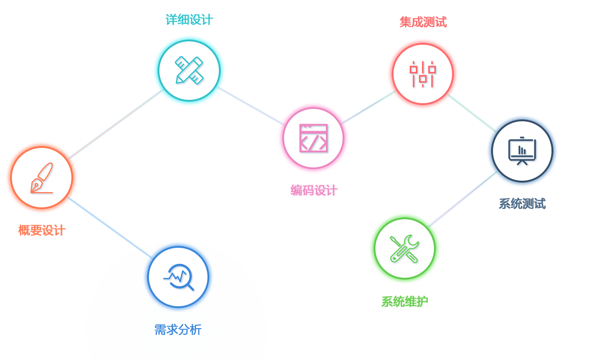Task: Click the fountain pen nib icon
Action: tap(41, 178)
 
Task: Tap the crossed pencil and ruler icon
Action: tap(189, 70)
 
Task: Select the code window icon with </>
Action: tap(313, 138)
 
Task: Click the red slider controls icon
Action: tap(423, 74)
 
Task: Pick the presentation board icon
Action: tap(522, 151)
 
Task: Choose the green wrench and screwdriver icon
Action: tap(404, 248)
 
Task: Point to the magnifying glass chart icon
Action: tap(178, 277)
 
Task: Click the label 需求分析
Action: tap(178, 330)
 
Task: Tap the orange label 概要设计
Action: tap(42, 230)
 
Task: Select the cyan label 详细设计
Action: tap(189, 19)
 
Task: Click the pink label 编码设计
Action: tap(315, 190)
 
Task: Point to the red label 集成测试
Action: tap(423, 22)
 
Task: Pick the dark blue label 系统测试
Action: tap(522, 204)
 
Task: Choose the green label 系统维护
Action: tap(404, 302)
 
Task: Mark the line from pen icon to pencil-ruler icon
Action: tap(116, 124)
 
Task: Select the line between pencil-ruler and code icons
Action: tap(251, 106)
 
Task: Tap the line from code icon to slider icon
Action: tap(368, 107)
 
